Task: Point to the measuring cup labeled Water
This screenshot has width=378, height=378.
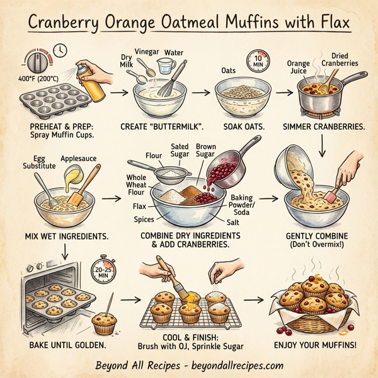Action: pos(166,67)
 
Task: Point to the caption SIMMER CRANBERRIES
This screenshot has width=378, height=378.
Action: pos(322,126)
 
